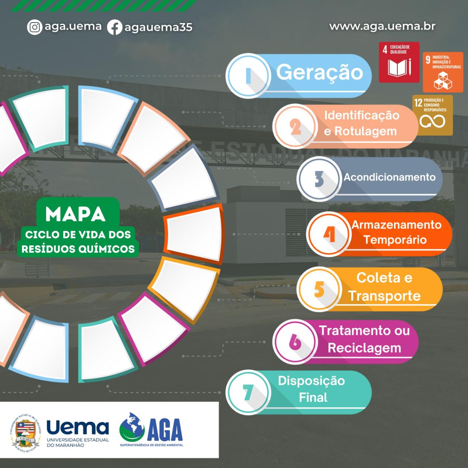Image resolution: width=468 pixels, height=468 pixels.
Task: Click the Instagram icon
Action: [34, 27]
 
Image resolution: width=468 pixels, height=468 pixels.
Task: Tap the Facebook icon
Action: [115, 27]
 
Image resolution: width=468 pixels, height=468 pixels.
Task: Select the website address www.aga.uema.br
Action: [382, 26]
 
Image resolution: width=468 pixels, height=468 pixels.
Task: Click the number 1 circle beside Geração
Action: [248, 76]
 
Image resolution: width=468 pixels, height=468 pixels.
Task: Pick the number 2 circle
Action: [295, 126]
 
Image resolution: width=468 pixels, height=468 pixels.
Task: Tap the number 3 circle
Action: [319, 178]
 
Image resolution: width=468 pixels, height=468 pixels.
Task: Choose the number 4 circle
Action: [329, 234]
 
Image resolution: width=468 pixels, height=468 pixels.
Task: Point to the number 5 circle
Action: [319, 289]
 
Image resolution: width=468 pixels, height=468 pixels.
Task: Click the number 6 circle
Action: [295, 341]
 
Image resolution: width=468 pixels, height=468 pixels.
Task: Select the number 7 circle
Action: [248, 392]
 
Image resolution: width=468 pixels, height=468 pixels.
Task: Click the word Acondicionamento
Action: [389, 177]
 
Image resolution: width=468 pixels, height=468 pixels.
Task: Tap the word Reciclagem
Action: [364, 348]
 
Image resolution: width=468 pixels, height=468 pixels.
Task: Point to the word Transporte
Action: [384, 295]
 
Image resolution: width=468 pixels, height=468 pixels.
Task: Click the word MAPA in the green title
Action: [75, 214]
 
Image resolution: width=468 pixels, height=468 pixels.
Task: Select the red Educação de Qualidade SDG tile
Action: [399, 62]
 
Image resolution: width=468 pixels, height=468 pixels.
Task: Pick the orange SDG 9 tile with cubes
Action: [443, 72]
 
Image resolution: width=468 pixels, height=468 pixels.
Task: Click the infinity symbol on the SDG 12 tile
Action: [432, 121]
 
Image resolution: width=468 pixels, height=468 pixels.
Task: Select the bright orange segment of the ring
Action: [193, 234]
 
